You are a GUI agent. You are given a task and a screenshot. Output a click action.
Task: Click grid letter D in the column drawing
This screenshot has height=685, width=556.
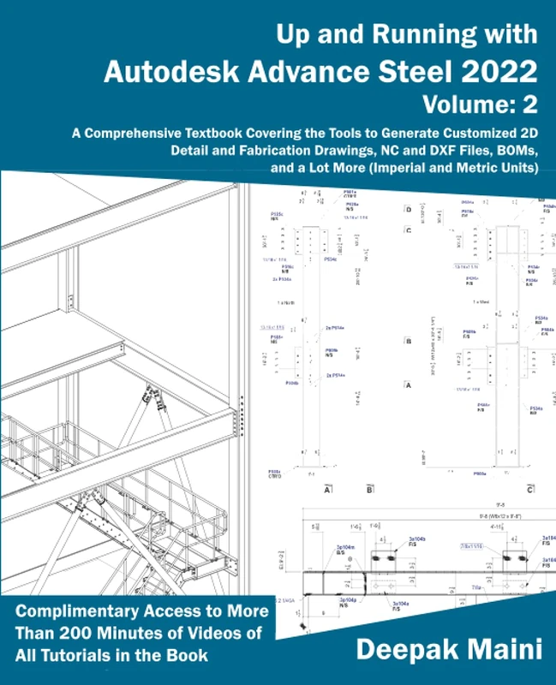click(x=409, y=209)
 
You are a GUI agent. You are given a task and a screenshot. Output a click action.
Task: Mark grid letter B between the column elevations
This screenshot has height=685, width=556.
click(x=409, y=340)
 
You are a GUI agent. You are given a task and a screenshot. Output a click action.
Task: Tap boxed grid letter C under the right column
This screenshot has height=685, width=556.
click(x=531, y=491)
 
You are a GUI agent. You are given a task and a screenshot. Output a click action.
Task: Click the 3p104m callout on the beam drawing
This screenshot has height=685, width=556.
click(x=346, y=548)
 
